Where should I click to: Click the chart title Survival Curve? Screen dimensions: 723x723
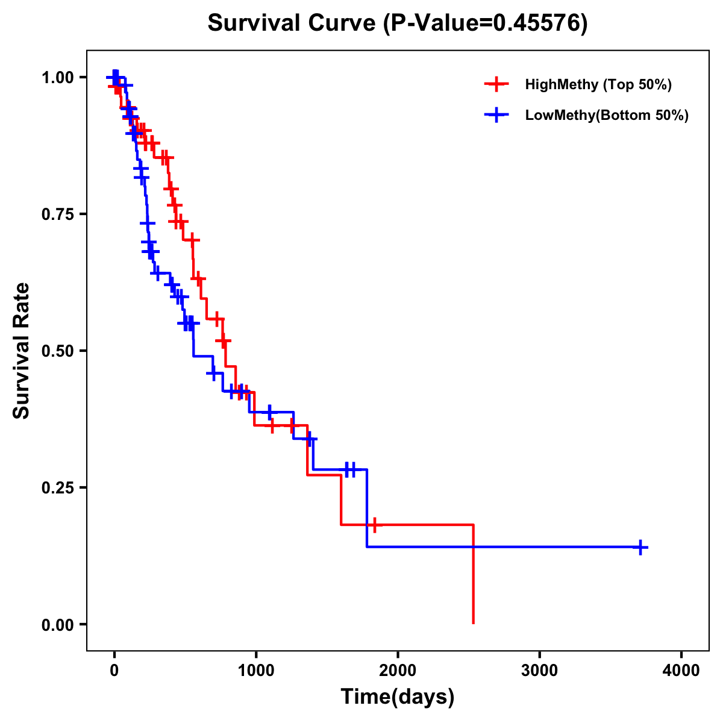click(293, 23)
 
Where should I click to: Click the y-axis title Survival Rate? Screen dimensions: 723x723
click(22, 351)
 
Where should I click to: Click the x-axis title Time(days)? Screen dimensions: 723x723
click(398, 696)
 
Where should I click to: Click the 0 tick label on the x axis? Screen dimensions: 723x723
click(114, 671)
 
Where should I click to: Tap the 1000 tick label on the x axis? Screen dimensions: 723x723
click(256, 671)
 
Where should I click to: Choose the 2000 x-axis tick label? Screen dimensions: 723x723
click(398, 671)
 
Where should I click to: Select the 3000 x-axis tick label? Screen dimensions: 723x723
click(539, 671)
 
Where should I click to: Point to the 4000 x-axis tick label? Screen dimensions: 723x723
click(681, 671)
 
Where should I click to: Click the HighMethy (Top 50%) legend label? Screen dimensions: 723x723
click(598, 84)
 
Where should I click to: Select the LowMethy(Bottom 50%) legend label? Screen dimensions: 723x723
click(607, 115)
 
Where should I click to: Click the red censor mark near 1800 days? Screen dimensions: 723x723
click(374, 525)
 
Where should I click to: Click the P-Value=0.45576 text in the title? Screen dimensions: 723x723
click(487, 23)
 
